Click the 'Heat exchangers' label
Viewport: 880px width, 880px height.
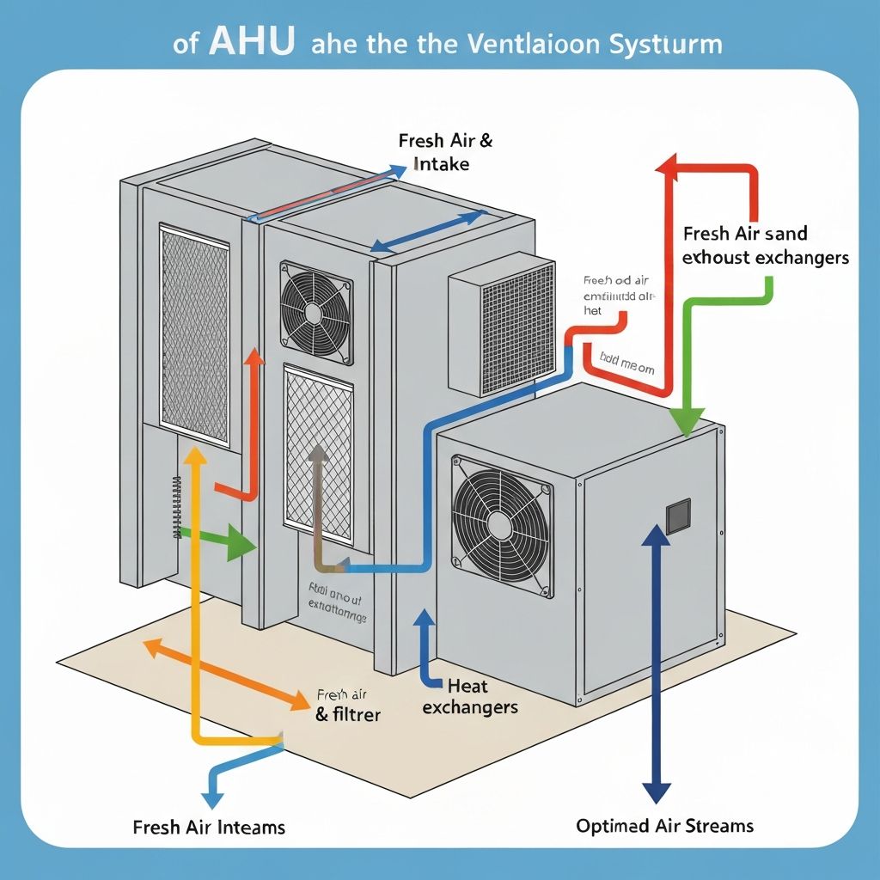470,696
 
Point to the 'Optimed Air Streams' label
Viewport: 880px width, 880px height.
664,826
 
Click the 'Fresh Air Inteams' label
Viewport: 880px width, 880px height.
209,828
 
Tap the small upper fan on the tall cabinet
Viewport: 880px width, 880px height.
316,313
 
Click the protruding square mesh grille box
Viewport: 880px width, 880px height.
503,327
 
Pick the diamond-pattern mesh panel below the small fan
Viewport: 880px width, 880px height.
318,451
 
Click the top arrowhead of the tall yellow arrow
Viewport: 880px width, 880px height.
196,459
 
